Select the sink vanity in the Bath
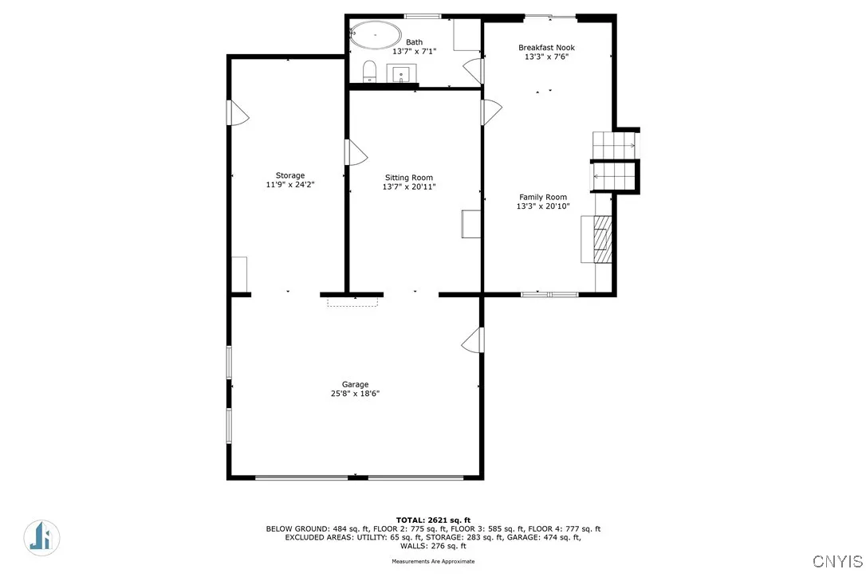coord(401,74)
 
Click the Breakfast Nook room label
coord(546,48)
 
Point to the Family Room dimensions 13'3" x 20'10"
coord(543,206)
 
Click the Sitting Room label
coord(408,178)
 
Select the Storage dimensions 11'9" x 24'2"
coord(290,185)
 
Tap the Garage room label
coord(355,384)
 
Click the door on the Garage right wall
coord(474,340)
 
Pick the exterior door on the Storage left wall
coord(238,113)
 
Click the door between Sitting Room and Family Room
coord(490,112)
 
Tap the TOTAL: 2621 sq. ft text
coord(432,520)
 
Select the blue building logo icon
coord(40,536)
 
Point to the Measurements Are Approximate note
coord(432,561)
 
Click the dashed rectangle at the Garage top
coord(352,301)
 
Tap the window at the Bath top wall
coord(423,16)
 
